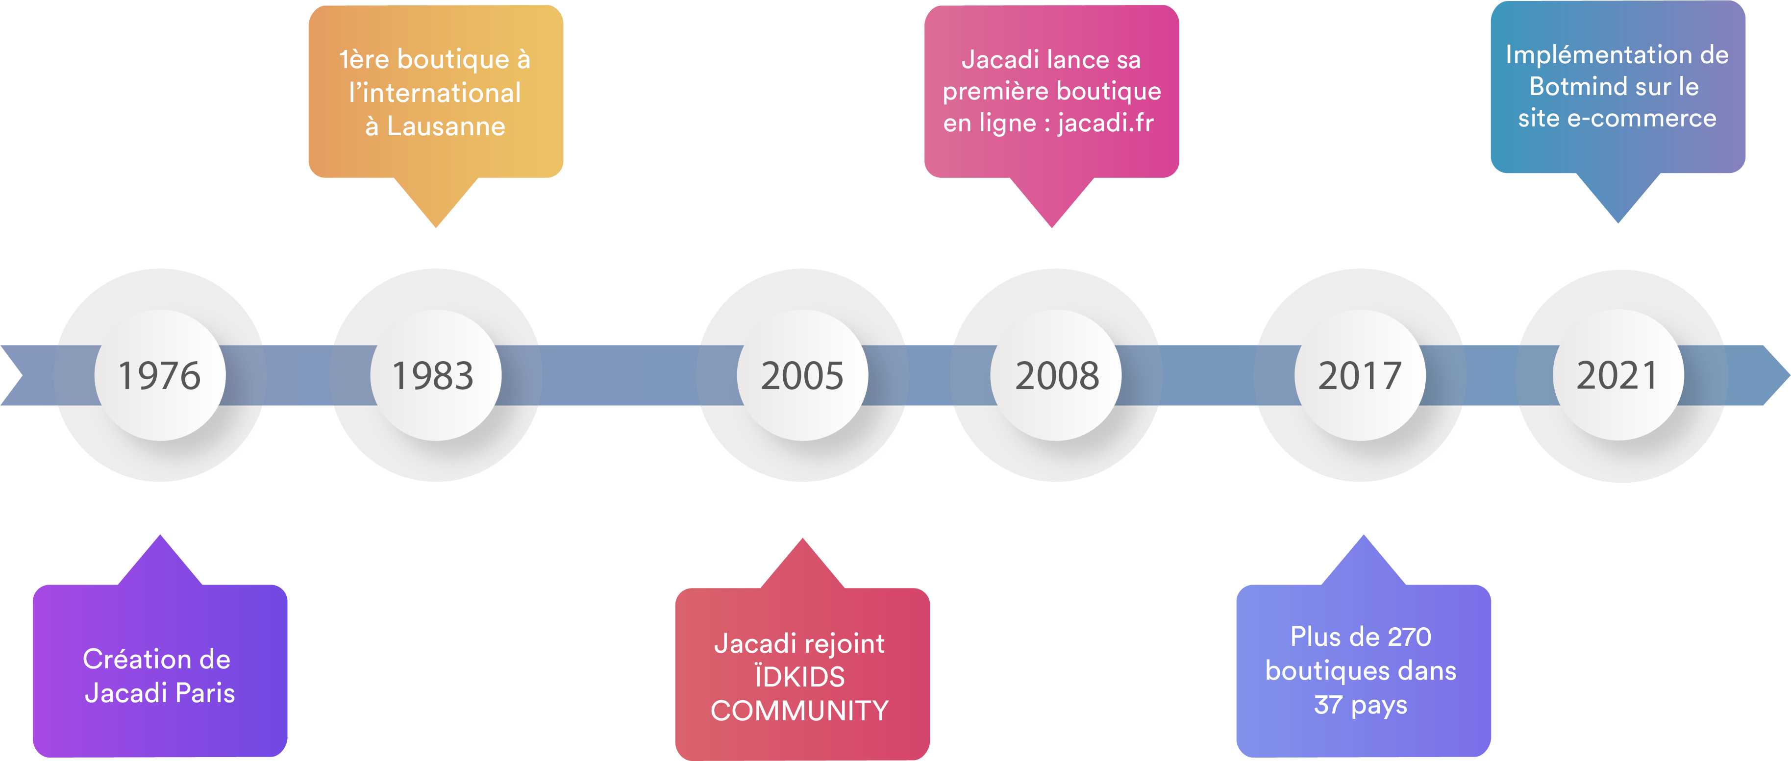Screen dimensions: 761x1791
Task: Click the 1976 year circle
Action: point(160,375)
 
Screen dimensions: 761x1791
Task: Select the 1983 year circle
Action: point(435,375)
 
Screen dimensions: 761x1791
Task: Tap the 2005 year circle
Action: point(802,375)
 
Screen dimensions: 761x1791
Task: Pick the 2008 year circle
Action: point(1056,375)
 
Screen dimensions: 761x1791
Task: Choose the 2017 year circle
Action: point(1360,375)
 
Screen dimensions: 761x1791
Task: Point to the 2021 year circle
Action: point(1618,375)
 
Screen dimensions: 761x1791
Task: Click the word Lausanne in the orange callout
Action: point(446,126)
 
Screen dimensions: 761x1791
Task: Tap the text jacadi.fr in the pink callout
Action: point(1105,123)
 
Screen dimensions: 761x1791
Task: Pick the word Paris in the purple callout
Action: point(205,693)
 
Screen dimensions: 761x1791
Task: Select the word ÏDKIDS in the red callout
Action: point(799,677)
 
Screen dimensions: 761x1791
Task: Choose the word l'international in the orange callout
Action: point(435,93)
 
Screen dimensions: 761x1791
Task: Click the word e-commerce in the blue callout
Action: point(1642,119)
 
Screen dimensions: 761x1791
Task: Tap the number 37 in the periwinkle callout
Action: point(1327,705)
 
